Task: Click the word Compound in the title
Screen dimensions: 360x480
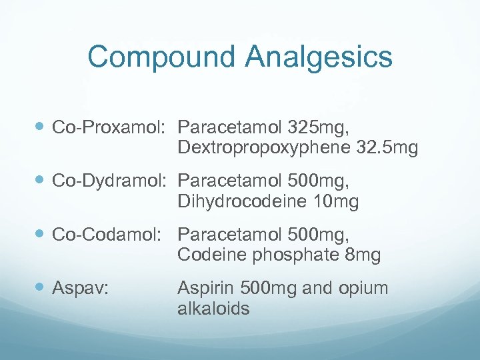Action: [x=161, y=57]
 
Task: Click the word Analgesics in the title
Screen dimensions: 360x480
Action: [x=319, y=57]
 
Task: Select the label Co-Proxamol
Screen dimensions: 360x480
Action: [x=111, y=126]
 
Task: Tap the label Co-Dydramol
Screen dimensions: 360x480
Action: [x=111, y=181]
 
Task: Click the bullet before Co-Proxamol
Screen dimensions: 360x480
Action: [x=41, y=125]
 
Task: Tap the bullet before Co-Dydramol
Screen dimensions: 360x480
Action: [x=41, y=180]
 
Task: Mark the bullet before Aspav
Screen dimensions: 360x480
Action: [x=41, y=289]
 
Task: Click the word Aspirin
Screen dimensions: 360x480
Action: [x=201, y=289]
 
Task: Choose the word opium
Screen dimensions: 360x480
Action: [x=363, y=289]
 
